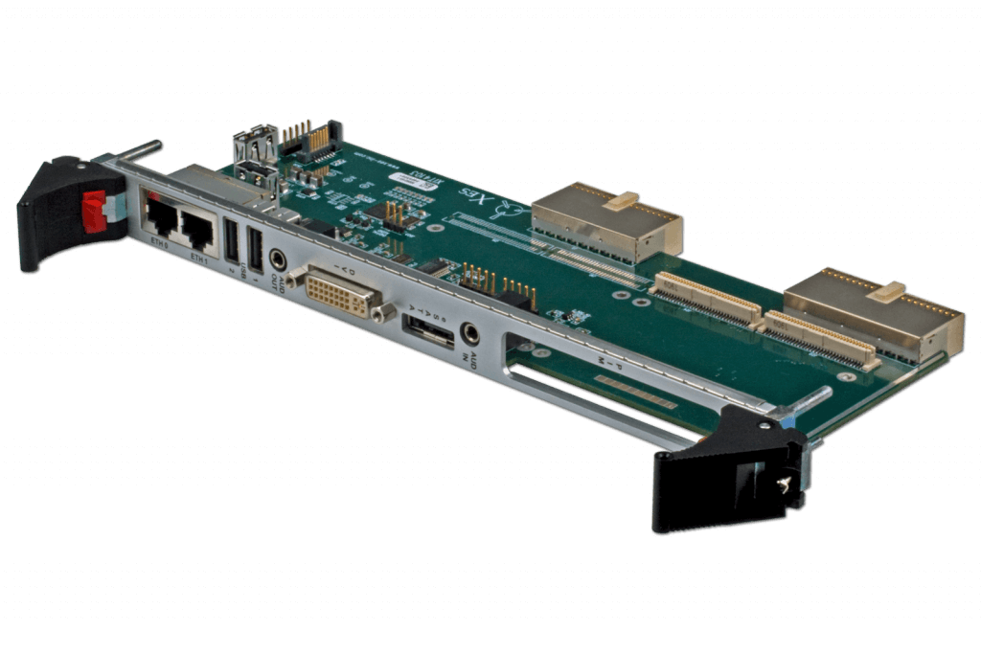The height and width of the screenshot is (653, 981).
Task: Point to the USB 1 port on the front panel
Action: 254,251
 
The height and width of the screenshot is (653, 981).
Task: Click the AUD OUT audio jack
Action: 279,259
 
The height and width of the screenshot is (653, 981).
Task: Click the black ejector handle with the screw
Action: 728,469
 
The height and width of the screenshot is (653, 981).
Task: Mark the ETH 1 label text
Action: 200,259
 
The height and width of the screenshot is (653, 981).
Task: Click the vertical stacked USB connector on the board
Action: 254,163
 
